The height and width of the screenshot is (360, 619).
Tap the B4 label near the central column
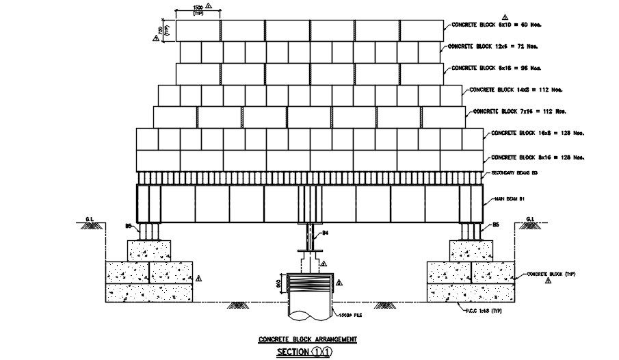pos(326,234)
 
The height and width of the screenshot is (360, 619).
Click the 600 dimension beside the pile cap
pos(279,282)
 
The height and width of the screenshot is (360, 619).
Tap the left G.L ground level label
pos(89,220)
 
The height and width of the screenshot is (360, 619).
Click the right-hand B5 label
pos(496,224)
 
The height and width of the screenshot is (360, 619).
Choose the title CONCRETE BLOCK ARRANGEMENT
pos(307,339)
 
